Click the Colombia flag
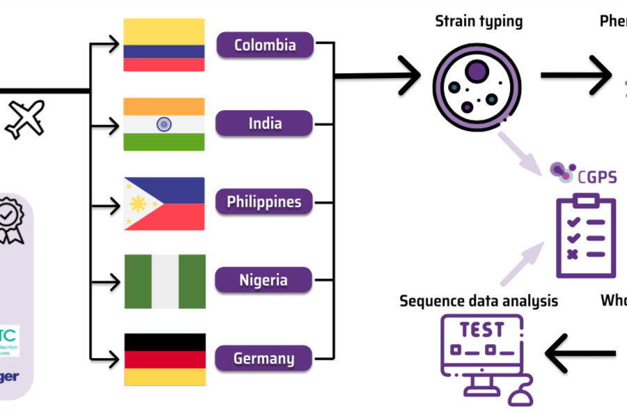click(x=164, y=45)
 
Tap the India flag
click(x=164, y=124)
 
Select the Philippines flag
click(x=164, y=203)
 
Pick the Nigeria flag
click(x=164, y=281)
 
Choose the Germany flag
click(x=164, y=359)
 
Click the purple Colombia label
click(x=265, y=45)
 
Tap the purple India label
click(x=265, y=124)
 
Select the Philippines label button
click(x=264, y=203)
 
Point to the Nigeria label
click(x=264, y=281)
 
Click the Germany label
click(x=264, y=359)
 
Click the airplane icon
click(x=25, y=118)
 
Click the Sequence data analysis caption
click(x=479, y=301)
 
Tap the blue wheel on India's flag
click(x=164, y=125)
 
